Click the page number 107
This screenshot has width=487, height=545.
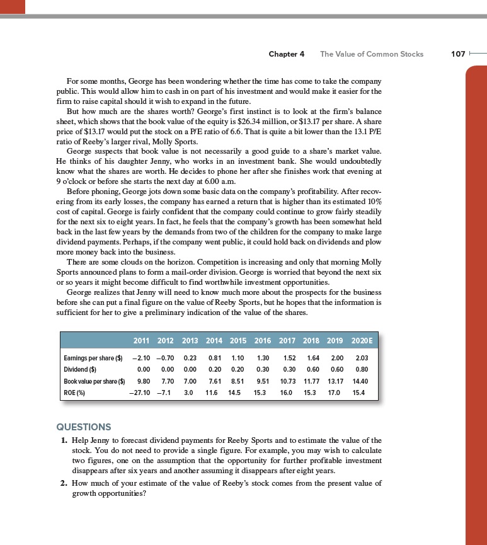click(x=459, y=54)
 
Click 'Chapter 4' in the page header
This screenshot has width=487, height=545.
click(x=287, y=54)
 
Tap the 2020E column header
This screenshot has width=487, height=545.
click(x=362, y=341)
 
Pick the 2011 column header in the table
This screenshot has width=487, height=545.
click(x=145, y=341)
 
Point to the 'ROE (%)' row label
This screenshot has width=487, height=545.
click(x=76, y=391)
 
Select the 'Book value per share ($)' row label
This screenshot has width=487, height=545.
click(x=95, y=381)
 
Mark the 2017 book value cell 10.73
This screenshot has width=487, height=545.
click(x=288, y=381)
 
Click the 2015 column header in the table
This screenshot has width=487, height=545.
click(x=238, y=341)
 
